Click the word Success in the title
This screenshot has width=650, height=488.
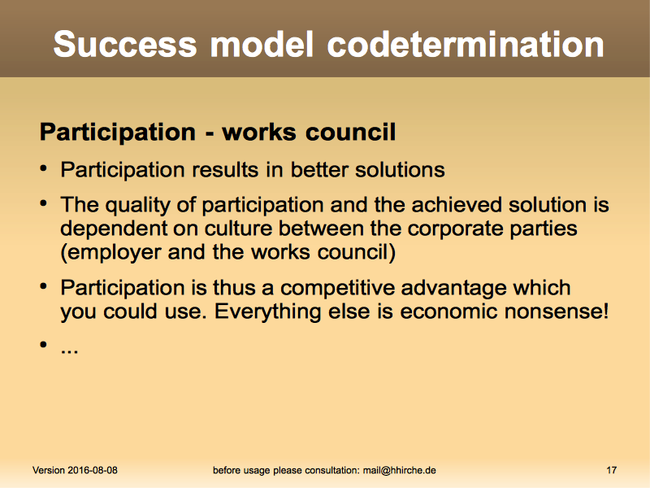coord(125,44)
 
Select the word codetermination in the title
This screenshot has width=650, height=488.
coord(466,44)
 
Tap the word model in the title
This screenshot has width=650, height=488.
coord(262,44)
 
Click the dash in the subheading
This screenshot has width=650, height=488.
coord(210,133)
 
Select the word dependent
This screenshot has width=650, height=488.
coord(113,229)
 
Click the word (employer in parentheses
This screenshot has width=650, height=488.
coord(110,253)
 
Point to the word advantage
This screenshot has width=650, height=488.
coord(454,289)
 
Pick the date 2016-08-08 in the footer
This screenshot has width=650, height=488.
coord(93,470)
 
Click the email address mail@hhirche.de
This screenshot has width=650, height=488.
coord(400,471)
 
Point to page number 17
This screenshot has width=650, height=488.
coord(612,470)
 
